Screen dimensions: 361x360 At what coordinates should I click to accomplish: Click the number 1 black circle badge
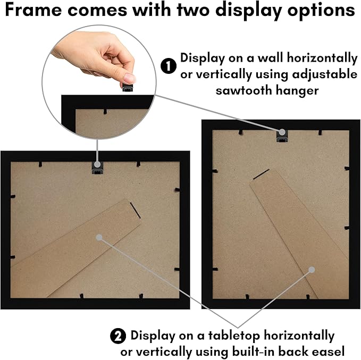(169, 66)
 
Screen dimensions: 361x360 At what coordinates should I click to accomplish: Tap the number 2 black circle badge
(118, 336)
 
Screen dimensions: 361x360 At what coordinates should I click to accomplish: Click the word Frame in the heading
(33, 10)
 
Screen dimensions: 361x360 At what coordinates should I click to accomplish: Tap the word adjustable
(325, 74)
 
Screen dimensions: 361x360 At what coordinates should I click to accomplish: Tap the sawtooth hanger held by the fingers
(128, 88)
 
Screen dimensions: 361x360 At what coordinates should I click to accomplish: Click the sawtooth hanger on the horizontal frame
(97, 168)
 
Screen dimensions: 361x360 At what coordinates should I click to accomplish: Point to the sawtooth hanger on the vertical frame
(282, 136)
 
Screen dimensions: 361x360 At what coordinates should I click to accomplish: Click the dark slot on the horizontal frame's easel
(135, 210)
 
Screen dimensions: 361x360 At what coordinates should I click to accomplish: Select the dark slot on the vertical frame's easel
(261, 174)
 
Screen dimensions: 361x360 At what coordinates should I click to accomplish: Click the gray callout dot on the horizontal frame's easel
(99, 238)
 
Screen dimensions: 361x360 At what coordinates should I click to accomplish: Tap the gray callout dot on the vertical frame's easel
(312, 270)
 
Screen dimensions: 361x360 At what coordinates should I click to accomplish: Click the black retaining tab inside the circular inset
(105, 112)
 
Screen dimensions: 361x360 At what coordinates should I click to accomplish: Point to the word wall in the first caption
(270, 58)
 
